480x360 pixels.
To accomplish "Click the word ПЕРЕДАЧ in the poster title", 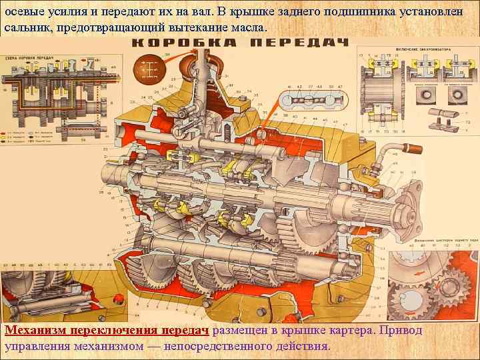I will [299, 43].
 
